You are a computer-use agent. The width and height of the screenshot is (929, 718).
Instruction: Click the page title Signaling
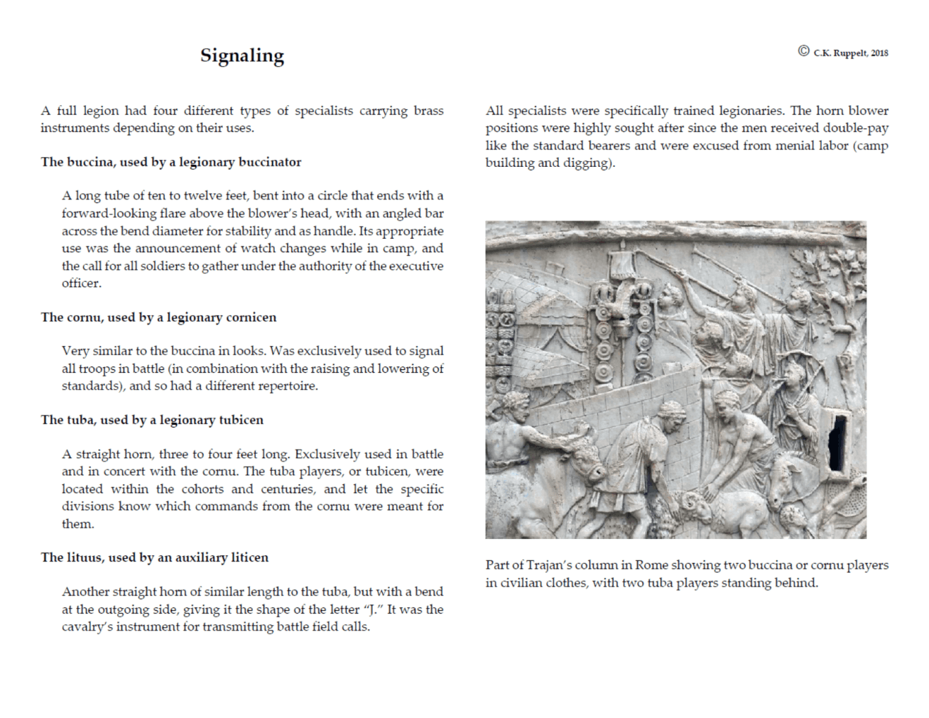click(x=241, y=55)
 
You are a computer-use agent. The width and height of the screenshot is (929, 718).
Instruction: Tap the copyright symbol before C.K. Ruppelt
click(x=803, y=51)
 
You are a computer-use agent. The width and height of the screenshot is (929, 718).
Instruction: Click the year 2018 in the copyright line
click(x=879, y=53)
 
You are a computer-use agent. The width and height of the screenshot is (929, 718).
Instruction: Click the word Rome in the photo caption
click(x=651, y=565)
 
